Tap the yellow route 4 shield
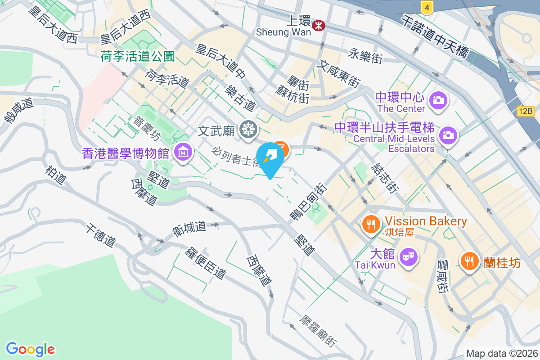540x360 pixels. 427,7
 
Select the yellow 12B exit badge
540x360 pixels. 525,111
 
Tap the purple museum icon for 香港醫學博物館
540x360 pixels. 183,153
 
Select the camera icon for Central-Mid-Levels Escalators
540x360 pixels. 448,135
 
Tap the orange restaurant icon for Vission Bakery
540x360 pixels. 371,223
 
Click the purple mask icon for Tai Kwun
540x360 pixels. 409,257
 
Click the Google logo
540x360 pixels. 31,349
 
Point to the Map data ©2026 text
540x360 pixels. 502,354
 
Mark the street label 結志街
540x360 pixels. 384,178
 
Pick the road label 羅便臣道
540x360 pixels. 205,262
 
